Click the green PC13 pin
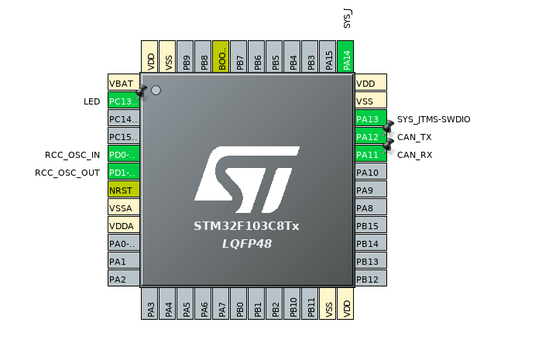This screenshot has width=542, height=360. (123, 101)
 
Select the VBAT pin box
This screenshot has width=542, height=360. (123, 83)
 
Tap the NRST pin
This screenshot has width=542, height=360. (123, 190)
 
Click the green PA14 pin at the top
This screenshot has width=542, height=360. (346, 57)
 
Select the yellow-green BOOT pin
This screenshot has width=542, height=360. (221, 57)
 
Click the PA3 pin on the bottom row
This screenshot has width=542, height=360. (150, 303)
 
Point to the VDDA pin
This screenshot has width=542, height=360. (123, 225)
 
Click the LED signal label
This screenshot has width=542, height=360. (91, 101)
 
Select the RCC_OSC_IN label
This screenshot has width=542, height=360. (72, 155)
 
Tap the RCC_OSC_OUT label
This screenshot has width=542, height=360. (67, 173)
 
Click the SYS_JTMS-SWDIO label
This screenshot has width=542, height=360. (434, 119)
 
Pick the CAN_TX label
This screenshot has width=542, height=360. (414, 137)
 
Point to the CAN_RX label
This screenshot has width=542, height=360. (414, 155)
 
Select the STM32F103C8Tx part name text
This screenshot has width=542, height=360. (246, 226)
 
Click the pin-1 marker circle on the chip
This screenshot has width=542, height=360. (156, 91)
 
